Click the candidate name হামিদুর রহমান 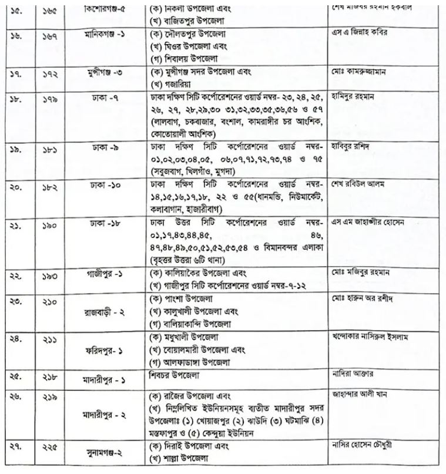click(x=356, y=95)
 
